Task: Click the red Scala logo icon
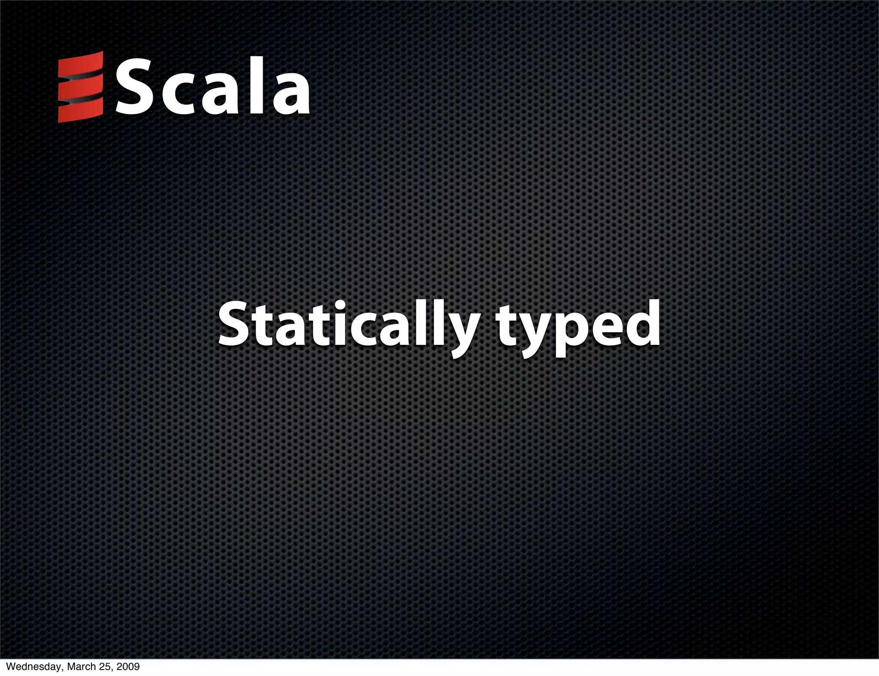tap(81, 87)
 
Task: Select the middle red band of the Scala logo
tap(81, 88)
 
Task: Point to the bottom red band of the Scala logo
tap(81, 111)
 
